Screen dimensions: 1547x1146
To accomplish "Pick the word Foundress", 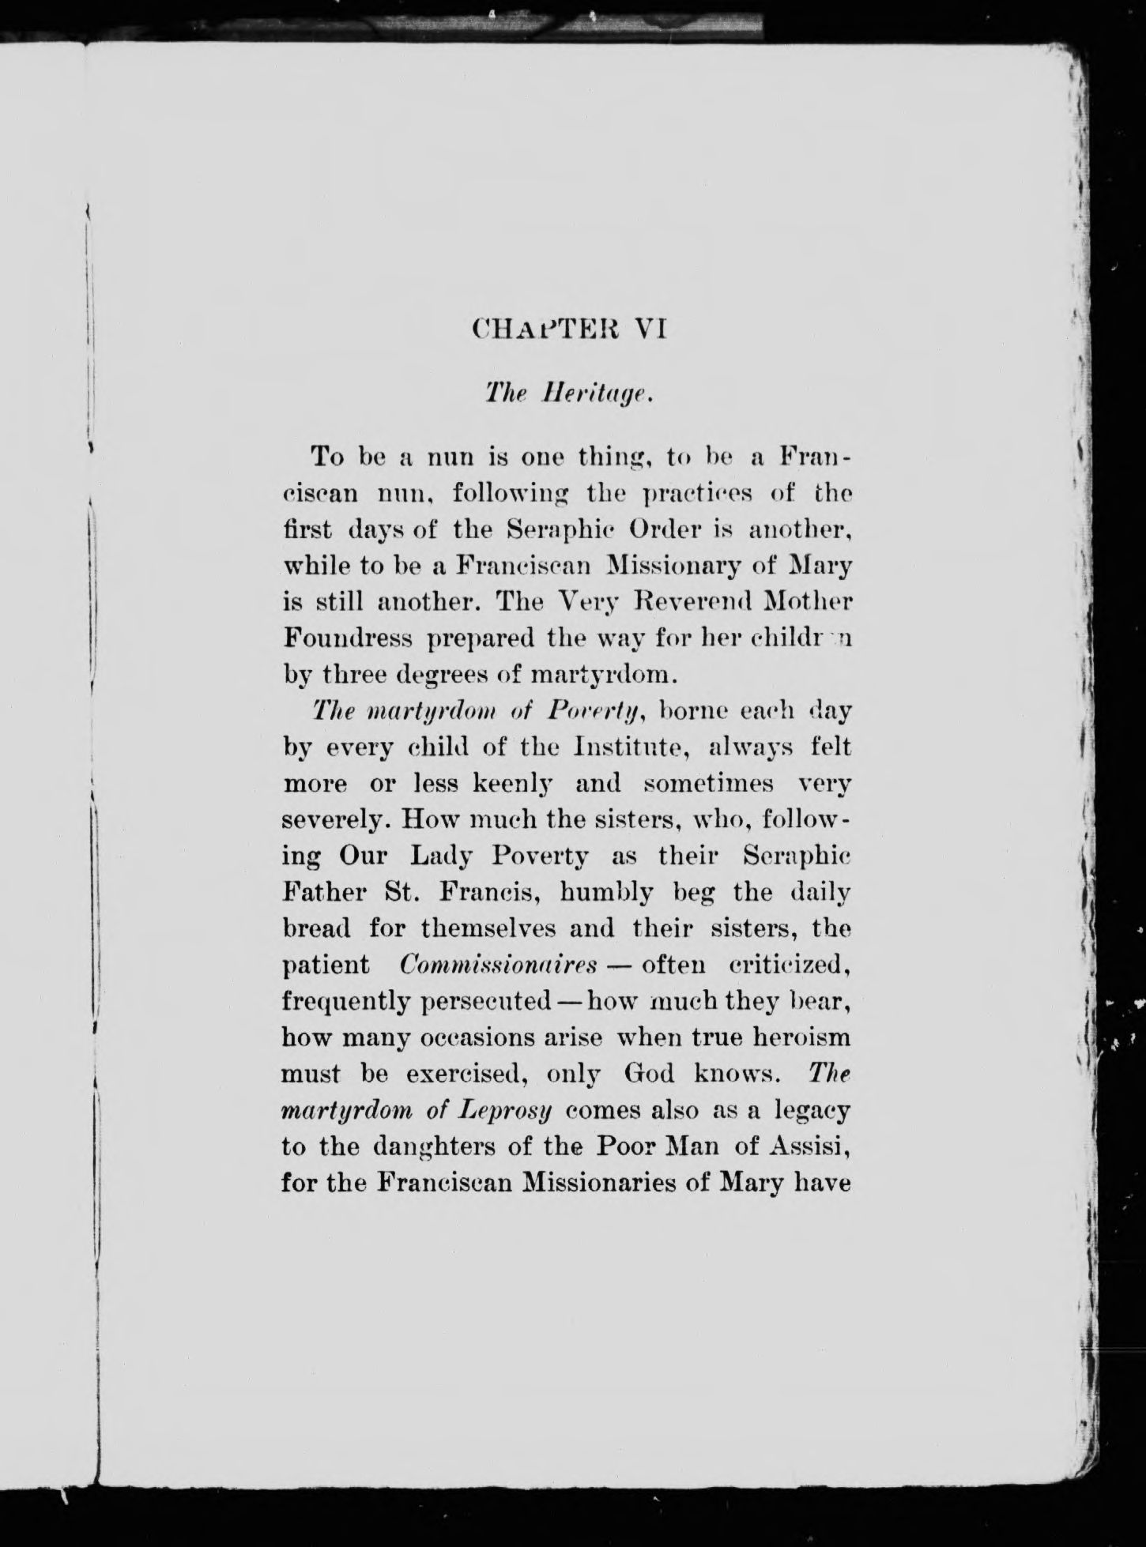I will tap(348, 638).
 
